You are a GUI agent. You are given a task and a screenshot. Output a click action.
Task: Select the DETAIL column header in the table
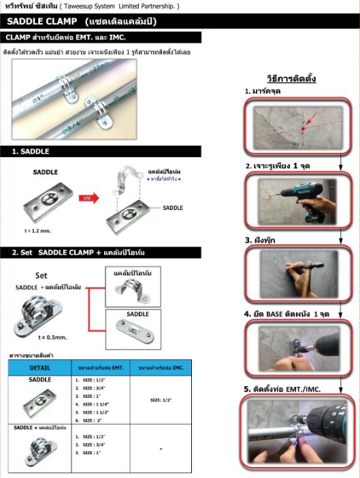39,367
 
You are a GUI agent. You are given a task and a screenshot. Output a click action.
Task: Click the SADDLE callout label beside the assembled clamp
172,207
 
